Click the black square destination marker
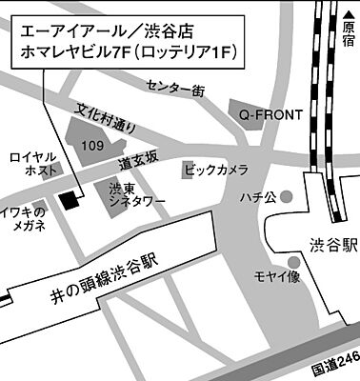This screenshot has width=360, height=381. [x=69, y=199]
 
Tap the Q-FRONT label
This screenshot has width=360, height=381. [x=270, y=115]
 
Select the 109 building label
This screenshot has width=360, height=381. [x=93, y=146]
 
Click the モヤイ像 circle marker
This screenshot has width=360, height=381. [x=292, y=260]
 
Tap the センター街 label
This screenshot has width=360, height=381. [x=175, y=90]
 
